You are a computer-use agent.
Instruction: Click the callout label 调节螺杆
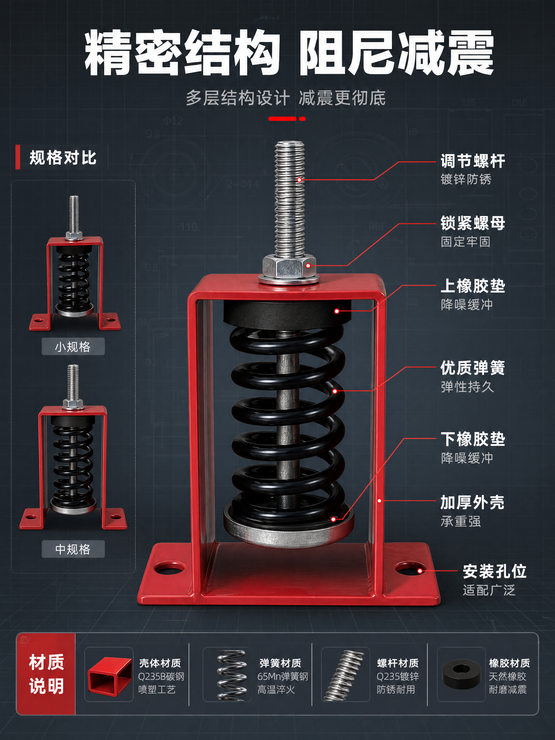(472, 161)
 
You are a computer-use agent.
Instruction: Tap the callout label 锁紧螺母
(472, 223)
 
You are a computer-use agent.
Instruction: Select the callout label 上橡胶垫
(472, 286)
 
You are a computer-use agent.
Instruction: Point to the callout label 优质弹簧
(472, 368)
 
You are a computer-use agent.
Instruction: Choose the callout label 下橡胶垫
(472, 439)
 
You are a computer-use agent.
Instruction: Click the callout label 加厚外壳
(472, 502)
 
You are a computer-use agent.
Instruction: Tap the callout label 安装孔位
(494, 571)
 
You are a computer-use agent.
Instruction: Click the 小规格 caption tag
(73, 347)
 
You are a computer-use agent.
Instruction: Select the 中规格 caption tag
(73, 549)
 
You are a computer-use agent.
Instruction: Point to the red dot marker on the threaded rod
(299, 180)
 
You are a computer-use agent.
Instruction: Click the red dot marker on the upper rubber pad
(337, 311)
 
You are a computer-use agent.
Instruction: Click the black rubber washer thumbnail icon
(462, 676)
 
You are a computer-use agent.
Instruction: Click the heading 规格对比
(63, 158)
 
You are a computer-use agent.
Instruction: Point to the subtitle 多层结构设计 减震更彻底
(286, 98)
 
